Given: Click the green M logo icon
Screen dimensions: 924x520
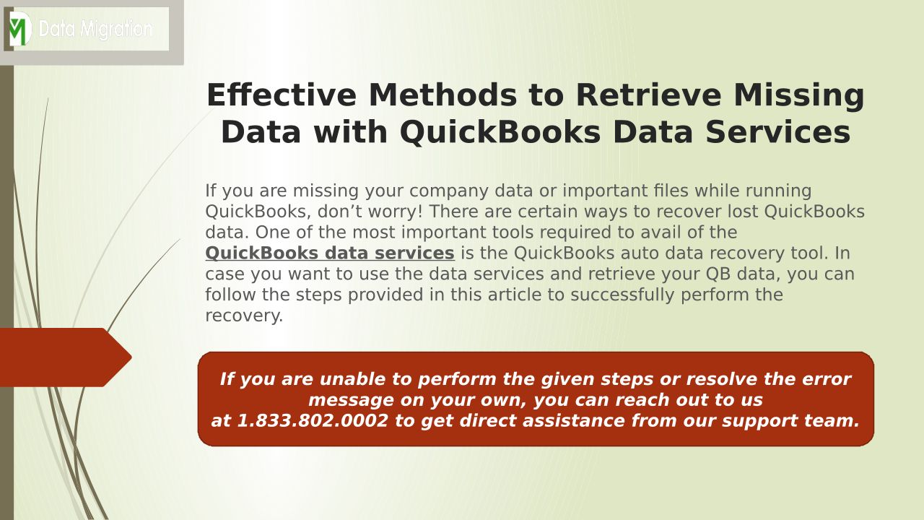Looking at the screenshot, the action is [x=19, y=28].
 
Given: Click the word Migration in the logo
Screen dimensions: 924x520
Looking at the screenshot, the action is [x=116, y=30].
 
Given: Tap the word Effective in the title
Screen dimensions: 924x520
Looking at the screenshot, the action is [x=282, y=95].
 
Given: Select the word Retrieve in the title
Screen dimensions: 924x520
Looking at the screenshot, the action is [x=648, y=95].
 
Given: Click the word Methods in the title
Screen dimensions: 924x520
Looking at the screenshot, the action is [x=443, y=95].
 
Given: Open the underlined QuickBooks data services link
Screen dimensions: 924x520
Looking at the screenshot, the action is [x=330, y=253].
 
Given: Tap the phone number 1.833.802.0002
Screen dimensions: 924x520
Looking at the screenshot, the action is [x=313, y=420].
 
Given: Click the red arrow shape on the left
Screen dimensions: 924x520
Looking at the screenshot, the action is [x=66, y=357].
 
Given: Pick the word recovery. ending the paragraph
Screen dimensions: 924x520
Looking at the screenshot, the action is [x=244, y=316].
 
